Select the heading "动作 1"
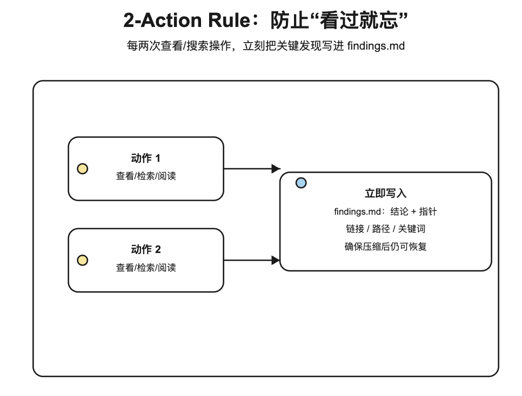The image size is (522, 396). tap(146, 158)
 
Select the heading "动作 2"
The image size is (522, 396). tap(146, 249)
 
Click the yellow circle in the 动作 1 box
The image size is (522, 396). tap(83, 169)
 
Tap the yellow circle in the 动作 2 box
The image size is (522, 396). tap(83, 261)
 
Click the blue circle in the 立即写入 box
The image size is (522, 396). tap(301, 183)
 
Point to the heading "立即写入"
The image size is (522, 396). tap(385, 193)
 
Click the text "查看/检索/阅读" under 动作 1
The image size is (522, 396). tap(146, 176)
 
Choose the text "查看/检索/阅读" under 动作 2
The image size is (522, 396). tap(146, 268)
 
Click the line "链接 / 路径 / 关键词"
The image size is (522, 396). tap(385, 229)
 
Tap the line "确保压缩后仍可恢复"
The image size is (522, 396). tap(385, 247)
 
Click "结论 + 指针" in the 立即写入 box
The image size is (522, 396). tap(413, 211)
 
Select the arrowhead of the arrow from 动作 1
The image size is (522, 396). tap(276, 169)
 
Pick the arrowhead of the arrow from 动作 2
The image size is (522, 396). tap(276, 261)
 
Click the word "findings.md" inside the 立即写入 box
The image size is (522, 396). tap(357, 211)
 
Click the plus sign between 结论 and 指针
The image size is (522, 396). tap(413, 211)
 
